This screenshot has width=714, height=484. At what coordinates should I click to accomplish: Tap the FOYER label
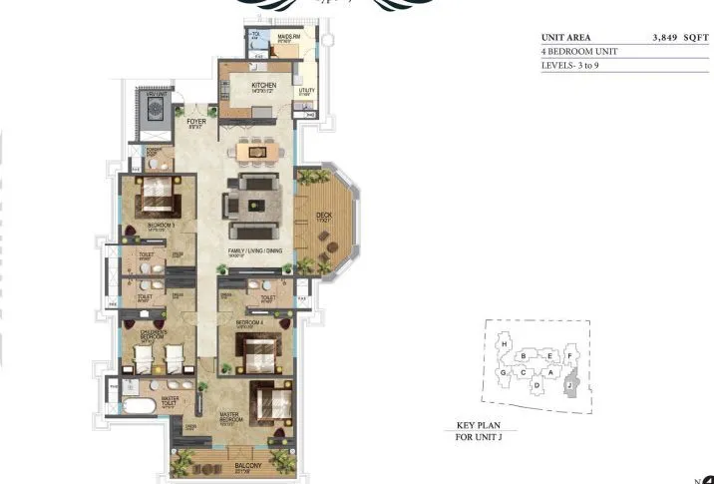[195, 122]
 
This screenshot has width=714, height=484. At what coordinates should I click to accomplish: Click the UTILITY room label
[306, 92]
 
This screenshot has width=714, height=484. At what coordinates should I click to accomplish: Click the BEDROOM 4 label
[248, 323]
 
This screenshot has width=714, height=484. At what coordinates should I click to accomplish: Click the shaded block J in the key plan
[569, 382]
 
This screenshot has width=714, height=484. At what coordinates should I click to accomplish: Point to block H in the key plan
[506, 344]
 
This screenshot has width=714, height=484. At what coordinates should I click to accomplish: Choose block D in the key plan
[536, 384]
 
